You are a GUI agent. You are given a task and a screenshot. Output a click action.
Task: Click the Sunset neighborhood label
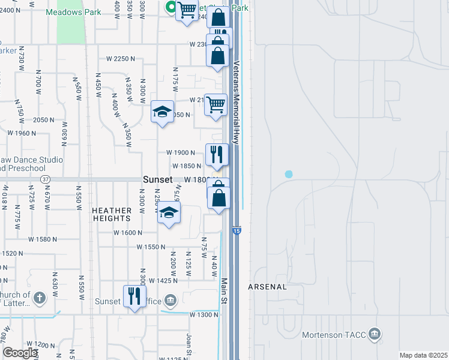click(158, 179)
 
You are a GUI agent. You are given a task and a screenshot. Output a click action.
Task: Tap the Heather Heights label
click(112, 214)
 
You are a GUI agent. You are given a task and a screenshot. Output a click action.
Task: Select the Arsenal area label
click(268, 287)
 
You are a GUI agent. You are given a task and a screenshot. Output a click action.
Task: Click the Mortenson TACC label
click(334, 334)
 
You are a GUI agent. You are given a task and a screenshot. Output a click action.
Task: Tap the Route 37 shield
click(44, 179)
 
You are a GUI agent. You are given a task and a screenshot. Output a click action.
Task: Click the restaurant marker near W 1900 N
click(217, 155)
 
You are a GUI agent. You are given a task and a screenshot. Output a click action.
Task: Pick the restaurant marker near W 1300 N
click(134, 296)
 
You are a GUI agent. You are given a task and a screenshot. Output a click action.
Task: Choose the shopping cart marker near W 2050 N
click(215, 104)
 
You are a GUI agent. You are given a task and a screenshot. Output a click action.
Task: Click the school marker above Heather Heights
click(169, 212)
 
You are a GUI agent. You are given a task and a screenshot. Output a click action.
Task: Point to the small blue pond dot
click(289, 174)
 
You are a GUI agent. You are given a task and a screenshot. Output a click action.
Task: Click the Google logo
click(20, 353)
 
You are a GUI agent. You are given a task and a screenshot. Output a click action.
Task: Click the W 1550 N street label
click(151, 247)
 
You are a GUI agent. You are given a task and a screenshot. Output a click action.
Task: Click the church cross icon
click(39, 298)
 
